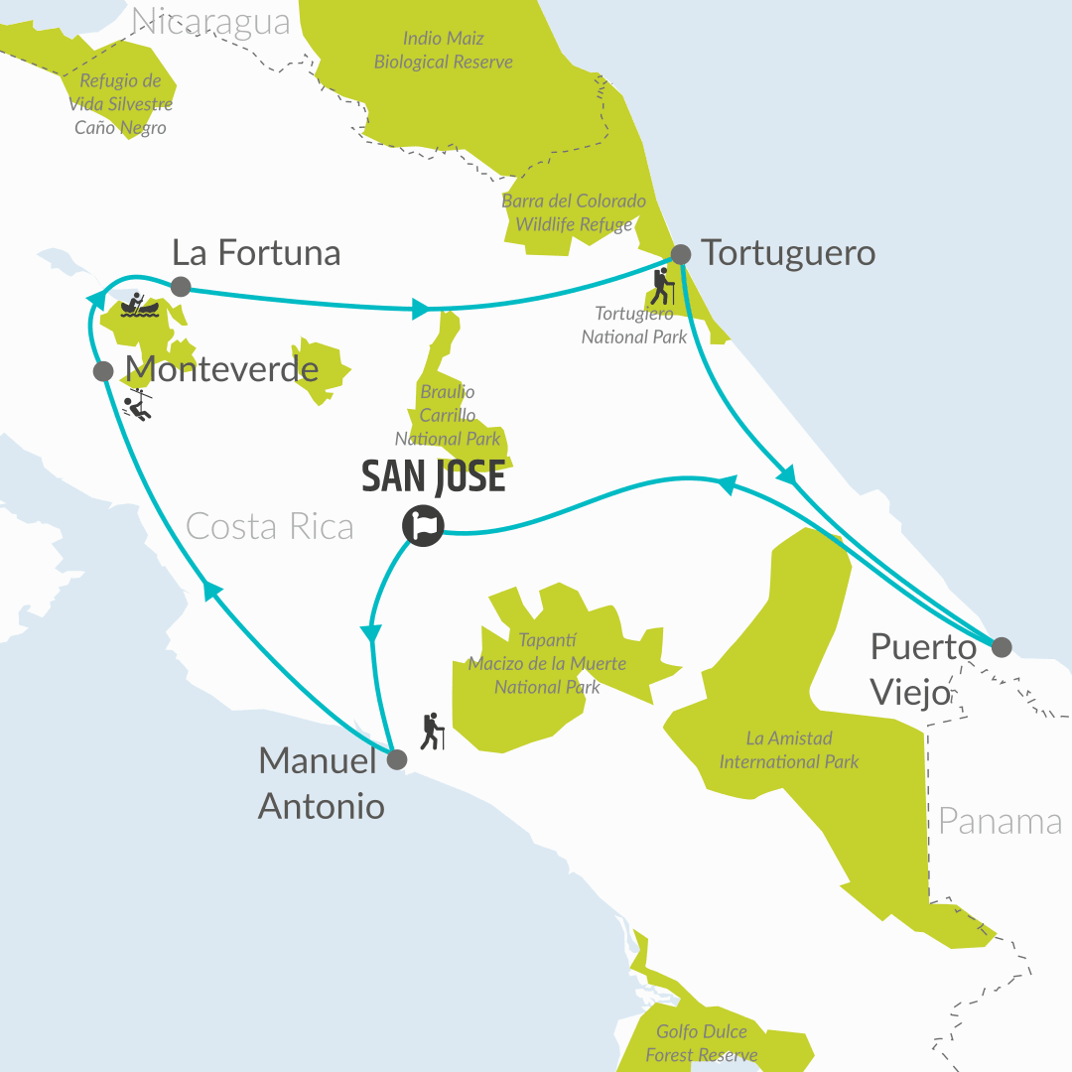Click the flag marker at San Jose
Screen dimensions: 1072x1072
pos(423,525)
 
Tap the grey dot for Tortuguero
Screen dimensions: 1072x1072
pos(681,254)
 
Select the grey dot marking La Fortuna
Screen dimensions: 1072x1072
pos(181,287)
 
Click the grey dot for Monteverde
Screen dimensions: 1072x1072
pos(102,371)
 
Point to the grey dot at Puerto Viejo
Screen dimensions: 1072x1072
pos(1002,647)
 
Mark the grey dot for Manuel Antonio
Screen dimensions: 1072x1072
pos(396,761)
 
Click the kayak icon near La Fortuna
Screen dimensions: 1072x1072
pos(139,305)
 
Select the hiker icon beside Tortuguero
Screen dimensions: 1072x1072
pos(662,286)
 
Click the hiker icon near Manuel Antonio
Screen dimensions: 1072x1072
pos(432,732)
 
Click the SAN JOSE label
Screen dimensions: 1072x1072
pos(434,477)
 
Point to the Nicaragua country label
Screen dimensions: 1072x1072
pos(210,21)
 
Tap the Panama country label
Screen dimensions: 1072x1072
pos(1000,822)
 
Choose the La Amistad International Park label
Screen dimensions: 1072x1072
pos(789,750)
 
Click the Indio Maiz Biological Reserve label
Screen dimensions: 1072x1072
pos(444,51)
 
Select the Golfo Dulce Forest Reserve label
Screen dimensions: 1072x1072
pos(702,1043)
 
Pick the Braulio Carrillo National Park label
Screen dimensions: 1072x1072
pos(448,415)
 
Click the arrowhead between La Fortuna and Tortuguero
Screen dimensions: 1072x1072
pos(421,310)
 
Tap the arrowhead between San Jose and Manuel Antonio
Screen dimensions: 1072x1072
pos(372,632)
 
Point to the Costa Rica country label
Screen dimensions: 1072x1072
pos(270,526)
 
